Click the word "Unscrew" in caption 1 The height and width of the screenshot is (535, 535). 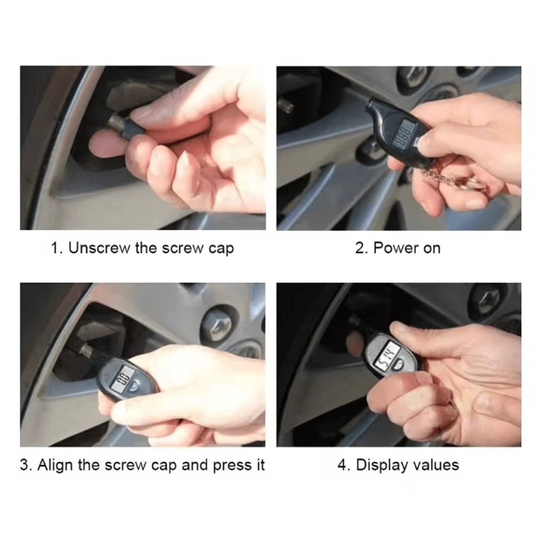99,248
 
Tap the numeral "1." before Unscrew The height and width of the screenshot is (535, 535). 57,248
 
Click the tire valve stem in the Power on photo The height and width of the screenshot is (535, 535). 286,105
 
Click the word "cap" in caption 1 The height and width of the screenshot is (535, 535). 221,249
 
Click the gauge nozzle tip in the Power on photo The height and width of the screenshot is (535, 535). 372,105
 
